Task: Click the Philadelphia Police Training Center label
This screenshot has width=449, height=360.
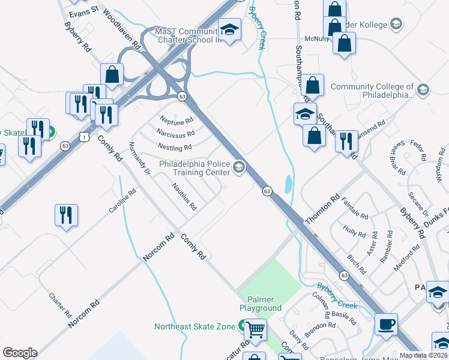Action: click(194, 167)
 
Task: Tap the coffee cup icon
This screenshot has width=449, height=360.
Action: click(387, 324)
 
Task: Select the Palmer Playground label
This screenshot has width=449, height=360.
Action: click(261, 304)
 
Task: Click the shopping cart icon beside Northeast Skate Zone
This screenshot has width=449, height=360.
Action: click(256, 329)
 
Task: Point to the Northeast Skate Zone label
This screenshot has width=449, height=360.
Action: click(194, 326)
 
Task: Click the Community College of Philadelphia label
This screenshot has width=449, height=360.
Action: click(372, 91)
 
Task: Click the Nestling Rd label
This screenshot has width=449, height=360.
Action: click(175, 146)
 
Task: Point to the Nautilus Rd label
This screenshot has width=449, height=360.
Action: click(184, 197)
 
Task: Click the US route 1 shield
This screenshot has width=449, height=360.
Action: click(86, 137)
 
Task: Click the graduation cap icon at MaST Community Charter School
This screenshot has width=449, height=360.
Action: click(229, 29)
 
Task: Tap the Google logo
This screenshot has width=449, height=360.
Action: click(20, 352)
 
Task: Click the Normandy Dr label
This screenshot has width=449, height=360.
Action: click(139, 158)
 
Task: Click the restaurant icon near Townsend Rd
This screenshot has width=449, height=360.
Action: click(346, 142)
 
